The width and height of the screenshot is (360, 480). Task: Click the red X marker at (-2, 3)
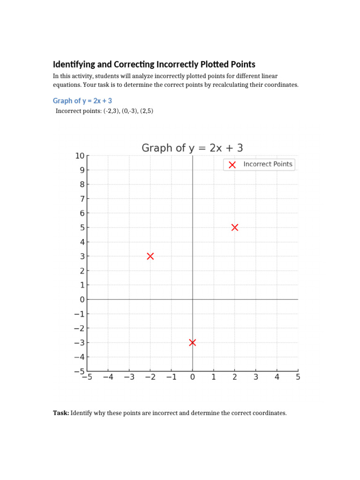(150, 256)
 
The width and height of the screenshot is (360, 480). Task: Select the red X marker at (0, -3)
(192, 343)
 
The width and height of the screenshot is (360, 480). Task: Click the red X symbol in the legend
(232, 165)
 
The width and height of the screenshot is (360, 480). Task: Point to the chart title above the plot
(192, 148)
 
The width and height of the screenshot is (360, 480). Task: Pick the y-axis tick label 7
(82, 199)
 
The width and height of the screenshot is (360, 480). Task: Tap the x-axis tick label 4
(277, 377)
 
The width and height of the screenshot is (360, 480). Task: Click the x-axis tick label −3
(129, 377)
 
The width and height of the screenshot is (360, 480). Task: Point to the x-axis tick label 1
(213, 377)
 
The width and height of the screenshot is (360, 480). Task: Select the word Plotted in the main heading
(214, 64)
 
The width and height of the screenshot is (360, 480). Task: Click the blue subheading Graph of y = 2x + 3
(82, 101)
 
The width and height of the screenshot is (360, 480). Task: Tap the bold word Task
(60, 413)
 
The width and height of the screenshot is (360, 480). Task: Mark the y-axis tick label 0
(82, 300)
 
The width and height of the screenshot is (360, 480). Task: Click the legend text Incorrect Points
(268, 164)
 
